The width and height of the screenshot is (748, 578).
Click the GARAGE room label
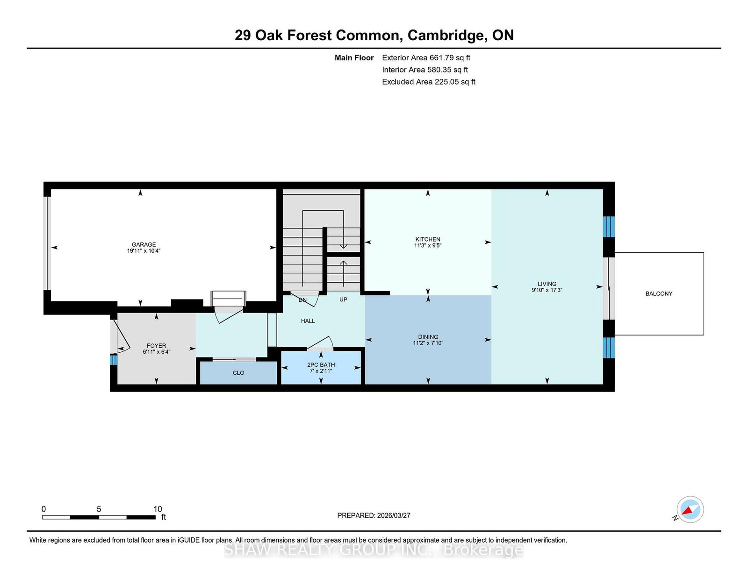[144, 245]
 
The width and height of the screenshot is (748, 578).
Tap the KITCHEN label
[427, 239]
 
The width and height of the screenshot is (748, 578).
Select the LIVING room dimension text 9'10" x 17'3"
[547, 290]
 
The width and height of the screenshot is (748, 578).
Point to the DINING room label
[428, 337]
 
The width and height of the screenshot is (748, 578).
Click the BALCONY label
[659, 293]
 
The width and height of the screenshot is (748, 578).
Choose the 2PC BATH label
[321, 364]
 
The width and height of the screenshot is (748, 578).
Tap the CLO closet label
[238, 373]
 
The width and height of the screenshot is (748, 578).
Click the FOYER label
[156, 346]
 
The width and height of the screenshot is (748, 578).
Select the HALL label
[308, 321]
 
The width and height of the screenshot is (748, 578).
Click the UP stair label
[343, 300]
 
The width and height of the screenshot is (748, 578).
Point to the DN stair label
[302, 300]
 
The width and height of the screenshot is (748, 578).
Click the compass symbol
[690, 509]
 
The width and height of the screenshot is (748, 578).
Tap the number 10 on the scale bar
[157, 509]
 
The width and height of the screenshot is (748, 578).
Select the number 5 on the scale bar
[99, 509]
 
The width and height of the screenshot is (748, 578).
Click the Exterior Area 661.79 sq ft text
[426, 58]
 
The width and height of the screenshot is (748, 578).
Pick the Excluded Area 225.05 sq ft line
[429, 82]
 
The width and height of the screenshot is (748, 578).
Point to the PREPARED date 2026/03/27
[394, 515]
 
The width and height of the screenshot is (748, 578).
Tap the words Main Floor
[354, 58]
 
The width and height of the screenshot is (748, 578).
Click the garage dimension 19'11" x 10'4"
[144, 251]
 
